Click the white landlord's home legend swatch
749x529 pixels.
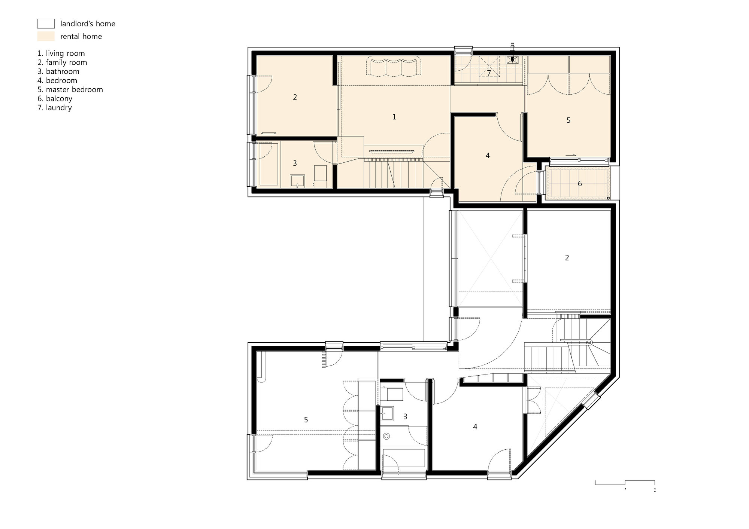pos(46,24)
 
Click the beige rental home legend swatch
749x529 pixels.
pos(46,36)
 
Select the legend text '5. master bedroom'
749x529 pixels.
pos(70,89)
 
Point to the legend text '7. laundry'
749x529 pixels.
pos(55,108)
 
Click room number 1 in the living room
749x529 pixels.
pos(394,117)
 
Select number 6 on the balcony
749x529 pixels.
pos(580,184)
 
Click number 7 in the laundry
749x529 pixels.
pos(489,73)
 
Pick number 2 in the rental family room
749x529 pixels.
pos(295,97)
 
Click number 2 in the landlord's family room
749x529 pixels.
pos(567,258)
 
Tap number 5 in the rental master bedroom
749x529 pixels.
pos(568,120)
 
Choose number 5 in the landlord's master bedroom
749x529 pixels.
pos(306,420)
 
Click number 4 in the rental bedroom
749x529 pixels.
pos(487,155)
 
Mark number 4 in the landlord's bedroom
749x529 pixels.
pos(475,426)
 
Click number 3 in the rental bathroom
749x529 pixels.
pos(295,163)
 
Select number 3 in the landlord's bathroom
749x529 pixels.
pos(405,416)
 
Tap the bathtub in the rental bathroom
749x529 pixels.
pos(267,163)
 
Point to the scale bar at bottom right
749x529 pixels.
pos(625,483)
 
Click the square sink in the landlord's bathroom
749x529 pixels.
pos(388,414)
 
